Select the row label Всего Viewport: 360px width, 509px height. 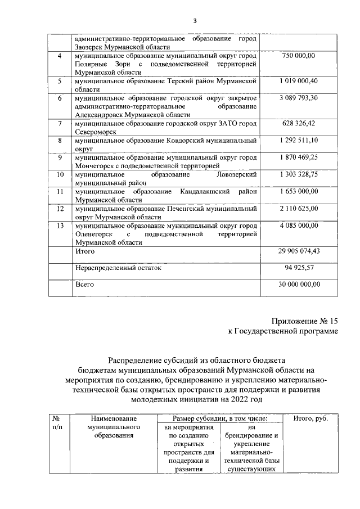pyautogui.click(x=84, y=285)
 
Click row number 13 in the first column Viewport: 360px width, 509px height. pyautogui.click(x=60, y=226)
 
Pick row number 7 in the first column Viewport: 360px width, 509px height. pyautogui.click(x=60, y=123)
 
